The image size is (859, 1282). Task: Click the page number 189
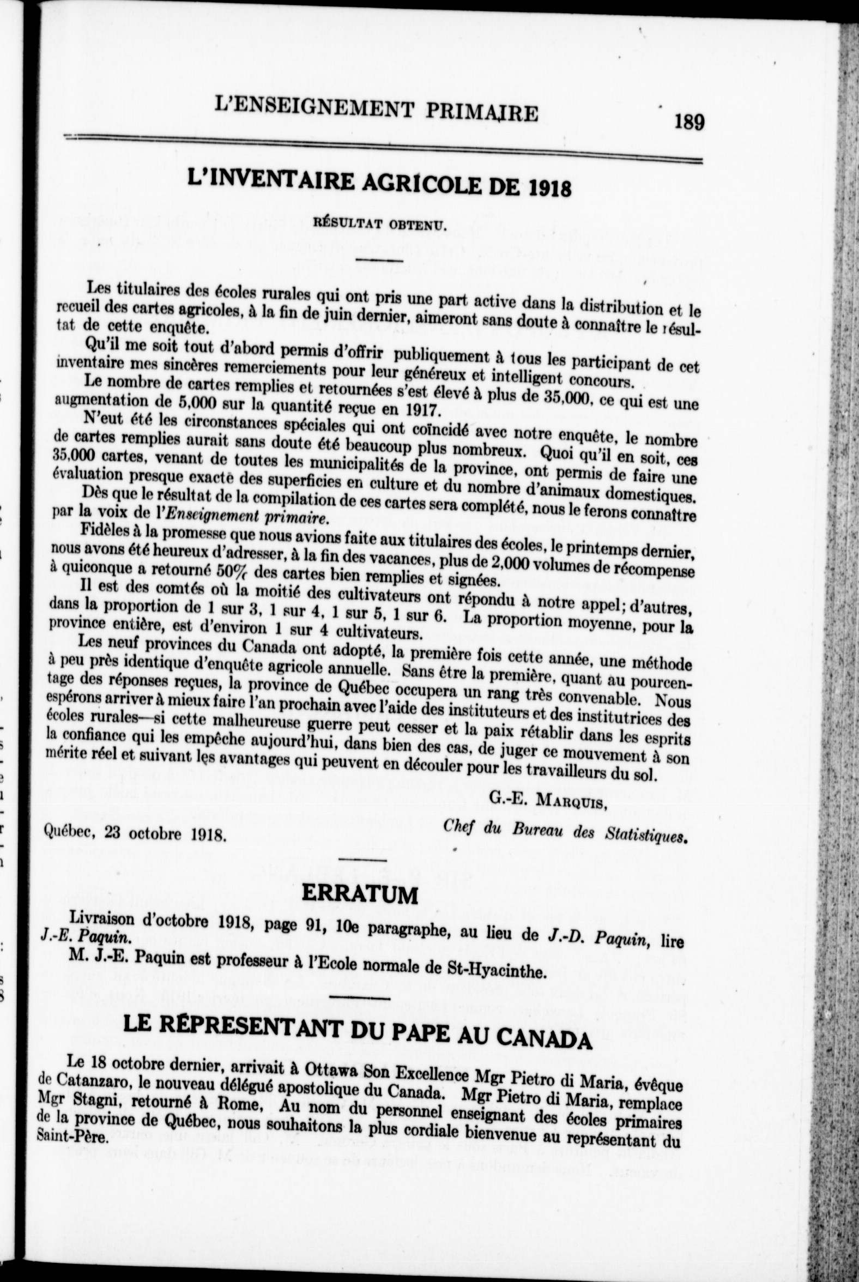click(x=689, y=121)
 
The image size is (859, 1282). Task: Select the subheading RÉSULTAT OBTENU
click(x=380, y=224)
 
